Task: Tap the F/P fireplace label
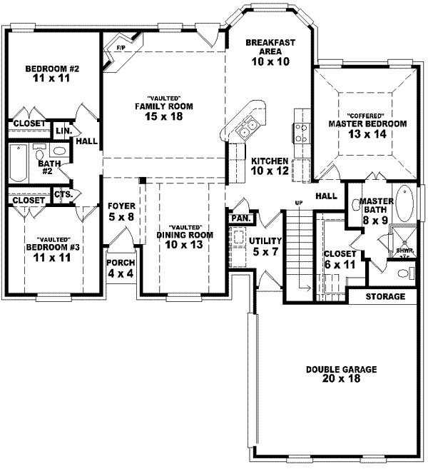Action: click(119, 49)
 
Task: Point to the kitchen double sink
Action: click(248, 128)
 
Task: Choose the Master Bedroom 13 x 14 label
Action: click(367, 123)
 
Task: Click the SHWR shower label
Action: click(403, 251)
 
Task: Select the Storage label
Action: click(385, 296)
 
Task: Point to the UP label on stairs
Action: click(300, 203)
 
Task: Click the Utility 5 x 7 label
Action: click(265, 246)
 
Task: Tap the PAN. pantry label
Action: click(239, 217)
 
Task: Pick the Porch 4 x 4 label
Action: click(121, 268)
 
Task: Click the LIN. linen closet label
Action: click(63, 131)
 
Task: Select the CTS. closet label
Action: click(63, 193)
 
